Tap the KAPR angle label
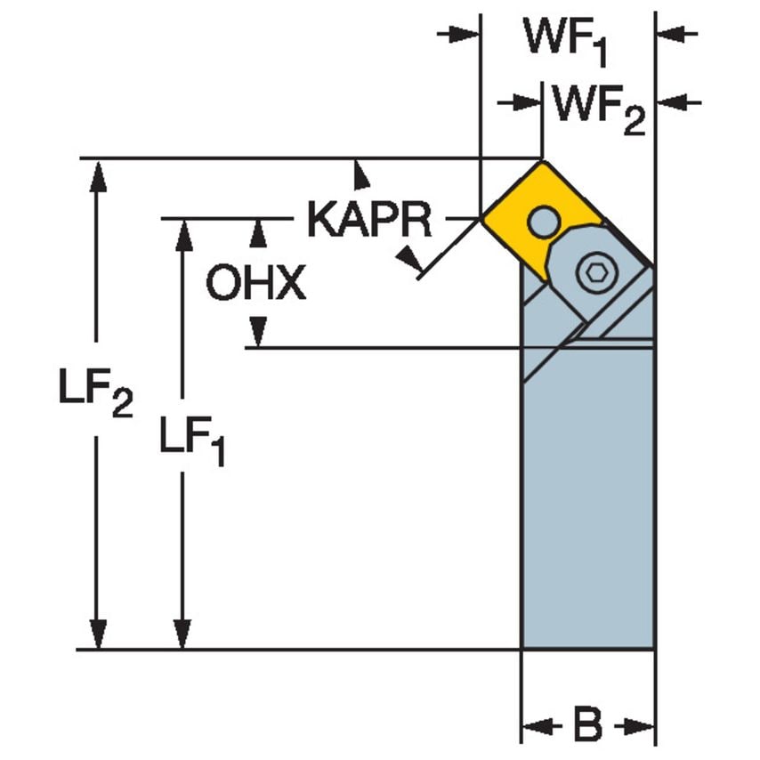point(368,219)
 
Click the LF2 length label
point(96,394)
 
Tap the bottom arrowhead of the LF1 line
point(183,634)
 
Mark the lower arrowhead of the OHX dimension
point(257,332)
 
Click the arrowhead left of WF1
point(464,34)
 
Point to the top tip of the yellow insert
point(541,161)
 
